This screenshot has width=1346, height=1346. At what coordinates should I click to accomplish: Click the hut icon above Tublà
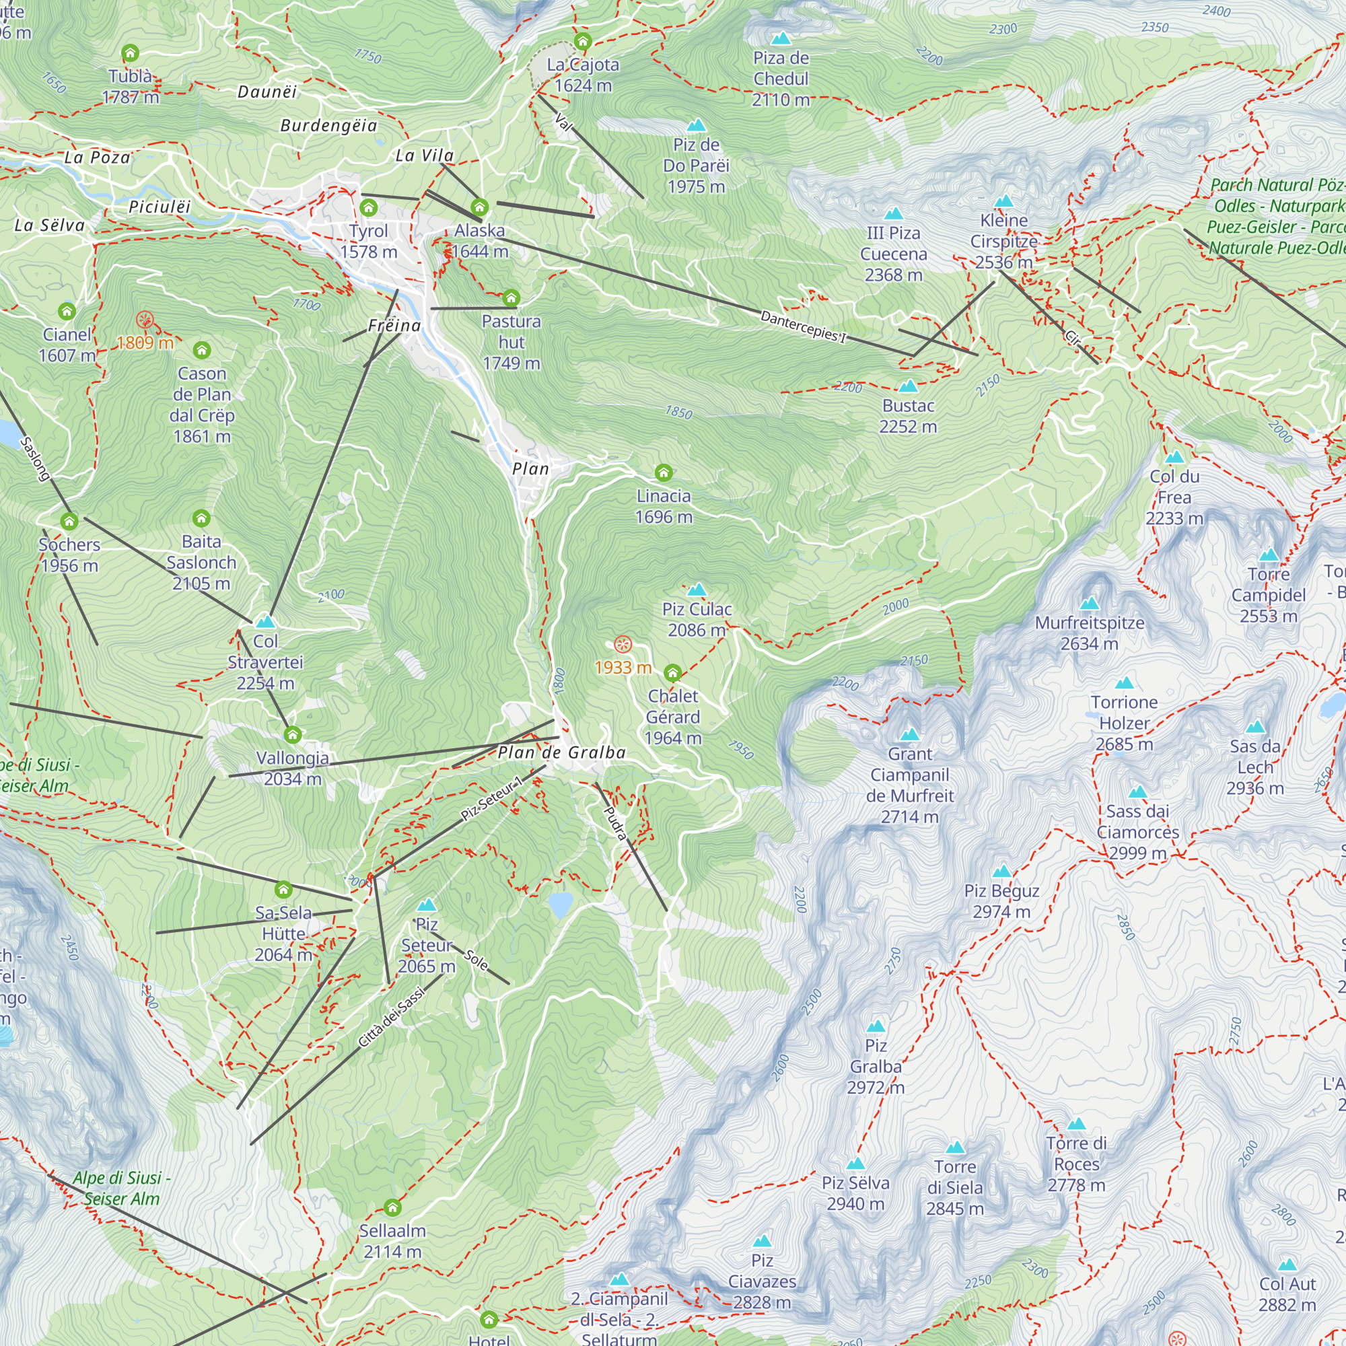click(131, 53)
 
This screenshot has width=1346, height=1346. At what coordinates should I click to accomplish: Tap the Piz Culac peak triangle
click(697, 591)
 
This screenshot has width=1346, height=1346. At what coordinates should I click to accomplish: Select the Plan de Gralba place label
click(561, 752)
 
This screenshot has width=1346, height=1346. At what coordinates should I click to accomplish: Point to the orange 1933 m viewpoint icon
click(623, 645)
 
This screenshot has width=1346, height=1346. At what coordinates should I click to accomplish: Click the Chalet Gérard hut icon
click(672, 673)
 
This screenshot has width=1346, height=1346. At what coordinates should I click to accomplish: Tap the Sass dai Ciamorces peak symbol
click(1137, 792)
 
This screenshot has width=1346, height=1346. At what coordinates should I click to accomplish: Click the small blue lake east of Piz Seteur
click(560, 905)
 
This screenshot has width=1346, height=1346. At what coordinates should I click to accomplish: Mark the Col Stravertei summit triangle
click(265, 621)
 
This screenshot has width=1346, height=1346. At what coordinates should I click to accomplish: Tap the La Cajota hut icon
click(582, 42)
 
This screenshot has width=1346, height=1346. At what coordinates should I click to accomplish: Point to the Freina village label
click(394, 326)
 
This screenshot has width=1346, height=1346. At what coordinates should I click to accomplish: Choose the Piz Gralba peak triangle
click(876, 1026)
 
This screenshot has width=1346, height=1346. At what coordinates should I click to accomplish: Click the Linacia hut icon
click(664, 473)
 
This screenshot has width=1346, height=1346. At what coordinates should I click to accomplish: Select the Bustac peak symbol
click(908, 386)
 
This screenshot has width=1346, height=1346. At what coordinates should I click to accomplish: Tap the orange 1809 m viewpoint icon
click(145, 320)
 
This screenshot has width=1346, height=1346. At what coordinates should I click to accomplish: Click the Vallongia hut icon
click(293, 735)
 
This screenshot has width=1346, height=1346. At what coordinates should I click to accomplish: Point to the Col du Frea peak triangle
click(1174, 458)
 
